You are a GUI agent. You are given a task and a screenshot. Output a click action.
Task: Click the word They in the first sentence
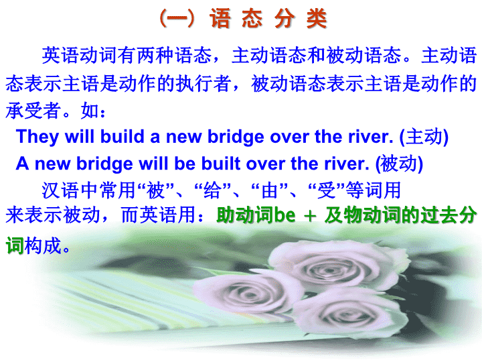(x=37, y=137)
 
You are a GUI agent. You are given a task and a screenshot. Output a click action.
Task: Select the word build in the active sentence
(x=122, y=136)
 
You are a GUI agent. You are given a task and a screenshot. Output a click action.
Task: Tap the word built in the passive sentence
(x=221, y=163)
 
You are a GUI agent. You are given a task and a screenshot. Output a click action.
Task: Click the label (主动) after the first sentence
(x=424, y=137)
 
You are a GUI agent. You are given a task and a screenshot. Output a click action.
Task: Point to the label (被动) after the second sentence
(x=399, y=164)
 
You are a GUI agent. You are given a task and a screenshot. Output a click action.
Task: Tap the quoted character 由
(x=270, y=190)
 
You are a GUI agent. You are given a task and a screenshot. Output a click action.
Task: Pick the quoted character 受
(x=327, y=190)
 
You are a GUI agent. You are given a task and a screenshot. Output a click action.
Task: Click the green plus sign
(x=310, y=216)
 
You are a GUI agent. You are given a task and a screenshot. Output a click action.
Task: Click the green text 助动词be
(x=256, y=215)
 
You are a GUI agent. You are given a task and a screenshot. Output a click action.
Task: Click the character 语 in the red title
(x=220, y=19)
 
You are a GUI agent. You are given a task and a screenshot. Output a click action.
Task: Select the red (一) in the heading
(x=177, y=19)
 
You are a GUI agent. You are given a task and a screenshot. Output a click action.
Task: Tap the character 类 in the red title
(x=317, y=19)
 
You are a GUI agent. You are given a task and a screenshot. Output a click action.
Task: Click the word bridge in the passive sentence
(x=104, y=164)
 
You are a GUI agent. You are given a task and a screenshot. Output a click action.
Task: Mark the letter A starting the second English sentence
(x=23, y=163)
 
